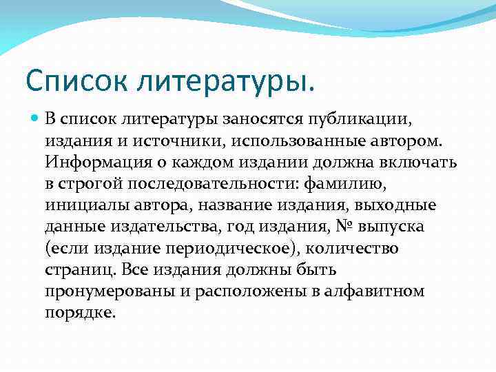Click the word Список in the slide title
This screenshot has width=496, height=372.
point(74,83)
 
